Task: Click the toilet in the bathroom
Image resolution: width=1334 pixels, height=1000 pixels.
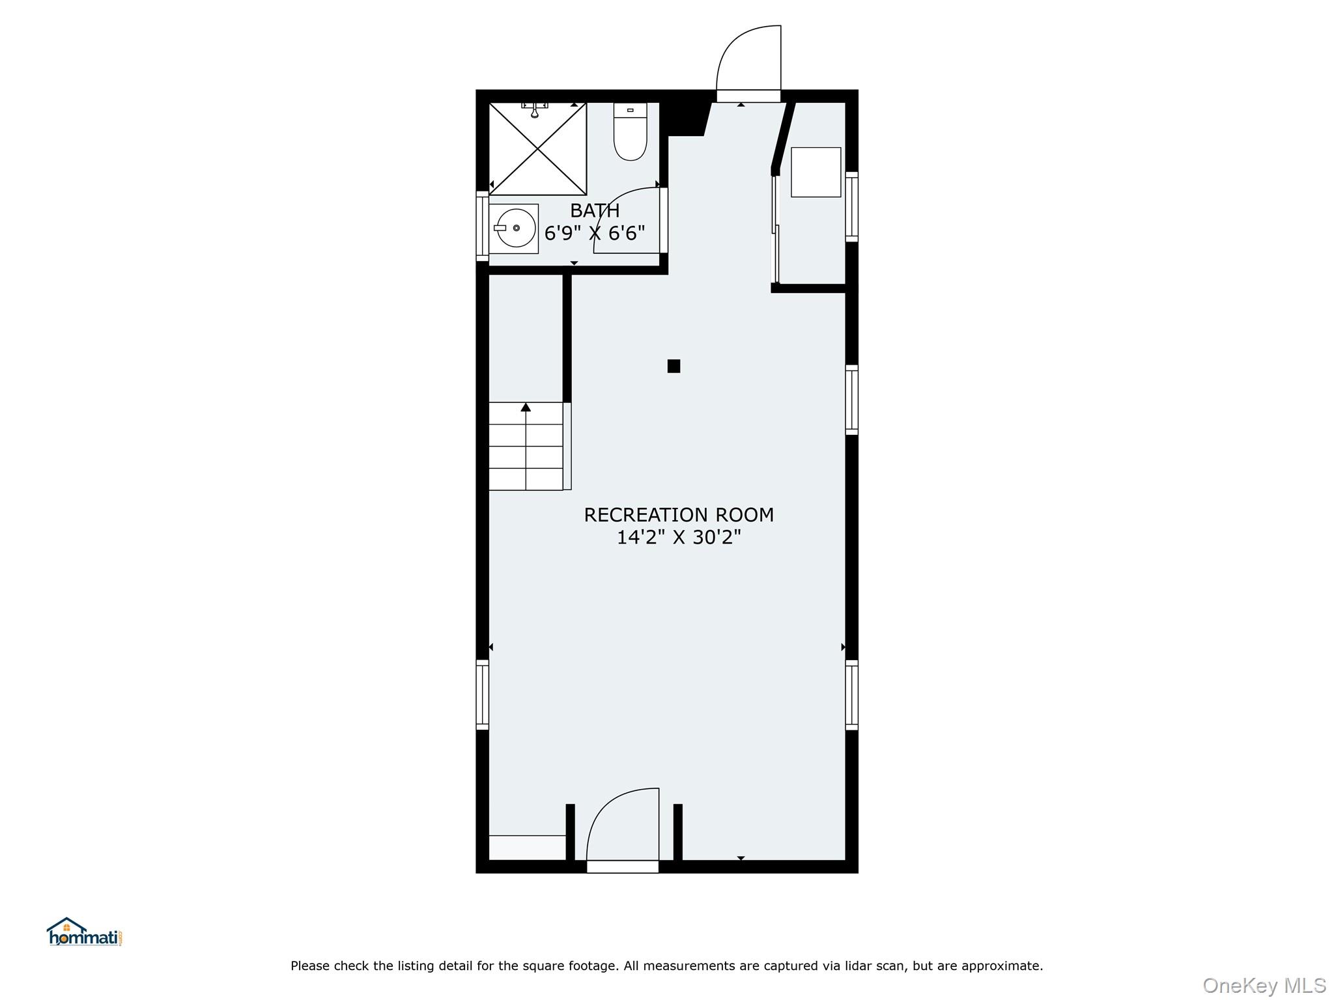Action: tap(630, 133)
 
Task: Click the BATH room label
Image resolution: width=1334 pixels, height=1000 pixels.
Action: tap(594, 211)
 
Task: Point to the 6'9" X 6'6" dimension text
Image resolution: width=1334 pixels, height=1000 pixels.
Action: tap(594, 233)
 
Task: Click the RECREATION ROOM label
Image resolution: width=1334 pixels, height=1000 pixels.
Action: tap(678, 515)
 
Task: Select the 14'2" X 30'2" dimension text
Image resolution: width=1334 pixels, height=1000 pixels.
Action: tap(678, 538)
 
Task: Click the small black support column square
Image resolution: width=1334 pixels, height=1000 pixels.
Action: tap(674, 366)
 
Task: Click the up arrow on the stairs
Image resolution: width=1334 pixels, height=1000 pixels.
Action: tap(526, 408)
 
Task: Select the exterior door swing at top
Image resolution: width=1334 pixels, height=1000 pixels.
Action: tap(749, 62)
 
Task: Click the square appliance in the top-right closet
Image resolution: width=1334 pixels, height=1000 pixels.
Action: tap(816, 173)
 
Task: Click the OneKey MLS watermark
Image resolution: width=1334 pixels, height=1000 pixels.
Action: tap(1263, 986)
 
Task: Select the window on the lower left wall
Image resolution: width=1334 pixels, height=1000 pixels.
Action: tap(483, 695)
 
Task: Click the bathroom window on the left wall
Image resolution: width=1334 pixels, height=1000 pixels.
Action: tap(483, 227)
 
